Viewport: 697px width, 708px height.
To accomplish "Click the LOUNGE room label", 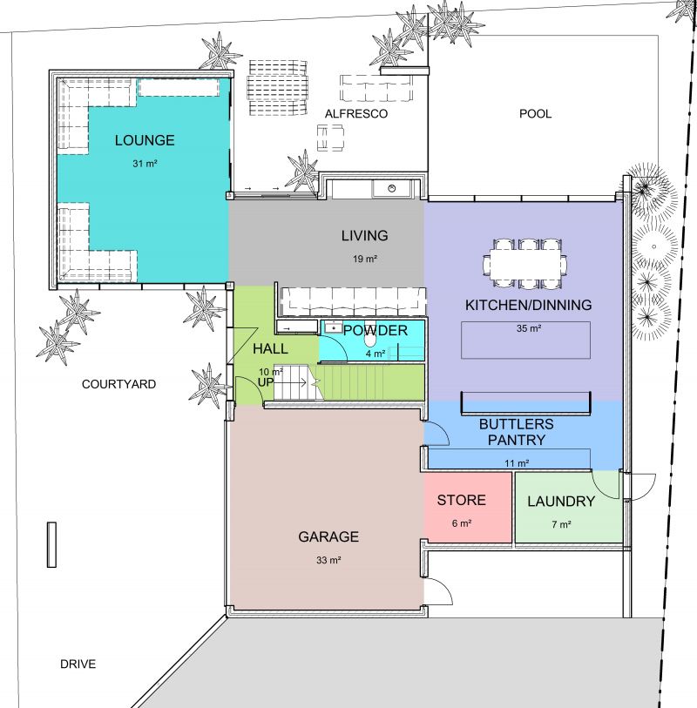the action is (145, 140).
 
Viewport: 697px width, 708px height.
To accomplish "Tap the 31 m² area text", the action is (145, 164).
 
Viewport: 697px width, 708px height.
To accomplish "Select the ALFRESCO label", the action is (356, 114).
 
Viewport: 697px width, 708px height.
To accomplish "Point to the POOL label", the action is (535, 114).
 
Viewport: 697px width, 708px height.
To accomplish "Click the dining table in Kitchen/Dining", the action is (525, 264).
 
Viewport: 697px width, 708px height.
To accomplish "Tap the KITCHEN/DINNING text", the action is (529, 305).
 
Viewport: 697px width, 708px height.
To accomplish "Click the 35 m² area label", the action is (529, 328).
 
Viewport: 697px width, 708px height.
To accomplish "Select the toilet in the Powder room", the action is (370, 338).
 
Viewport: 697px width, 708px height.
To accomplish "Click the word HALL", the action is (270, 348).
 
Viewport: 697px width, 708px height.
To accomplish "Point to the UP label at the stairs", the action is (266, 382).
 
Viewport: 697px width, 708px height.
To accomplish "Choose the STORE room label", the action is (461, 500).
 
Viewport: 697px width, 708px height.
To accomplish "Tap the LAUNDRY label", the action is (561, 502).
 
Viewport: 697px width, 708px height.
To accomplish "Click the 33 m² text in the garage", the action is (328, 560).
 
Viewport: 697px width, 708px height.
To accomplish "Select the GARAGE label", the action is (328, 536).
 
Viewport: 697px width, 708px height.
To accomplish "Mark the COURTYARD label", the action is (118, 384).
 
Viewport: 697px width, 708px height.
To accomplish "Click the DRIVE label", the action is (78, 664).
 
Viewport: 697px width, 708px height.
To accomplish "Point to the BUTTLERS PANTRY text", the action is (517, 432).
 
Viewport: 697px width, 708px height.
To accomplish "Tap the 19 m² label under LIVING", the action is (365, 259).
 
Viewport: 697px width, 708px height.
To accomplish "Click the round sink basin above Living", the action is (392, 188).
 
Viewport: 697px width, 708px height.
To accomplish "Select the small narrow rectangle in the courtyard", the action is (52, 544).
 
